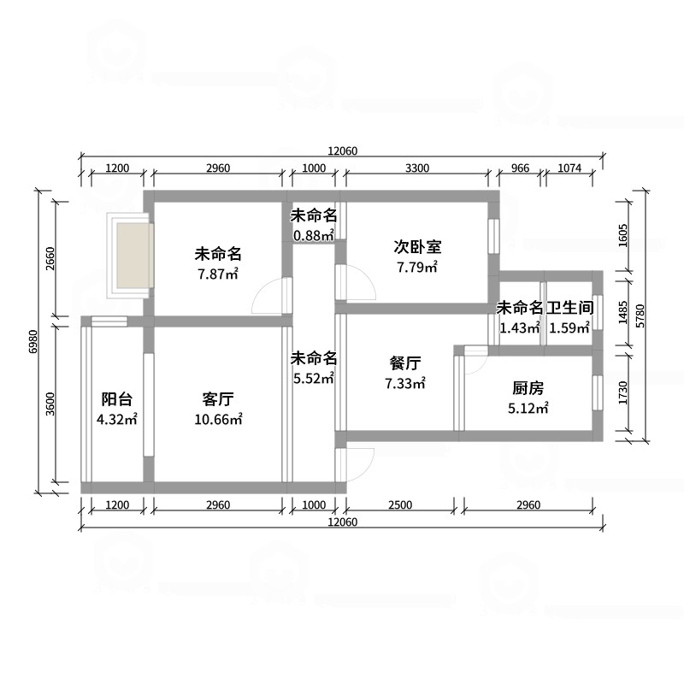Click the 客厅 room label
point(218,399)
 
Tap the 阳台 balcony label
point(116,399)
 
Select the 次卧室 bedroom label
point(417,247)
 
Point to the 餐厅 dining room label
point(404,363)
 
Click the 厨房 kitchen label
point(528,388)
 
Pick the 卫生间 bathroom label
point(569,308)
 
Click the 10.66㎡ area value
point(218,419)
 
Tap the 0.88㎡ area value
point(314,236)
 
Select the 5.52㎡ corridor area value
point(314,378)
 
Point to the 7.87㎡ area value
point(218,274)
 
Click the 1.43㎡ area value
point(520,327)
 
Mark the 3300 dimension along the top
point(417,168)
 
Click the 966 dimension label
point(520,168)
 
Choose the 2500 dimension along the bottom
point(400,504)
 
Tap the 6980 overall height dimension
point(34,341)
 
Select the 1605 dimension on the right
point(623,236)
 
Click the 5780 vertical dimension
point(640,315)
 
